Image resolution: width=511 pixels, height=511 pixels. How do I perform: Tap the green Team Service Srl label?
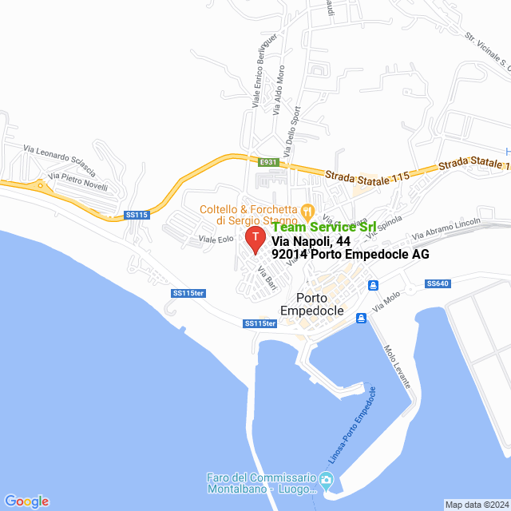coord(323,228)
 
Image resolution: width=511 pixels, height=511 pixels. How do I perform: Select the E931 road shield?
coord(268,162)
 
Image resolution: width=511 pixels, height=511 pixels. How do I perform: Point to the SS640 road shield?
coord(438,283)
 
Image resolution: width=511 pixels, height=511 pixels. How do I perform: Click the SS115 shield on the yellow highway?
coord(137,214)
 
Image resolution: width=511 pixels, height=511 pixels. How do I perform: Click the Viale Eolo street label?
coord(215,240)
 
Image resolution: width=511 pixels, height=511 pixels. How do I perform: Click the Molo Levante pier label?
coord(397,366)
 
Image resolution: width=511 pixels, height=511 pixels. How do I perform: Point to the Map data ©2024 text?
coord(477,505)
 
